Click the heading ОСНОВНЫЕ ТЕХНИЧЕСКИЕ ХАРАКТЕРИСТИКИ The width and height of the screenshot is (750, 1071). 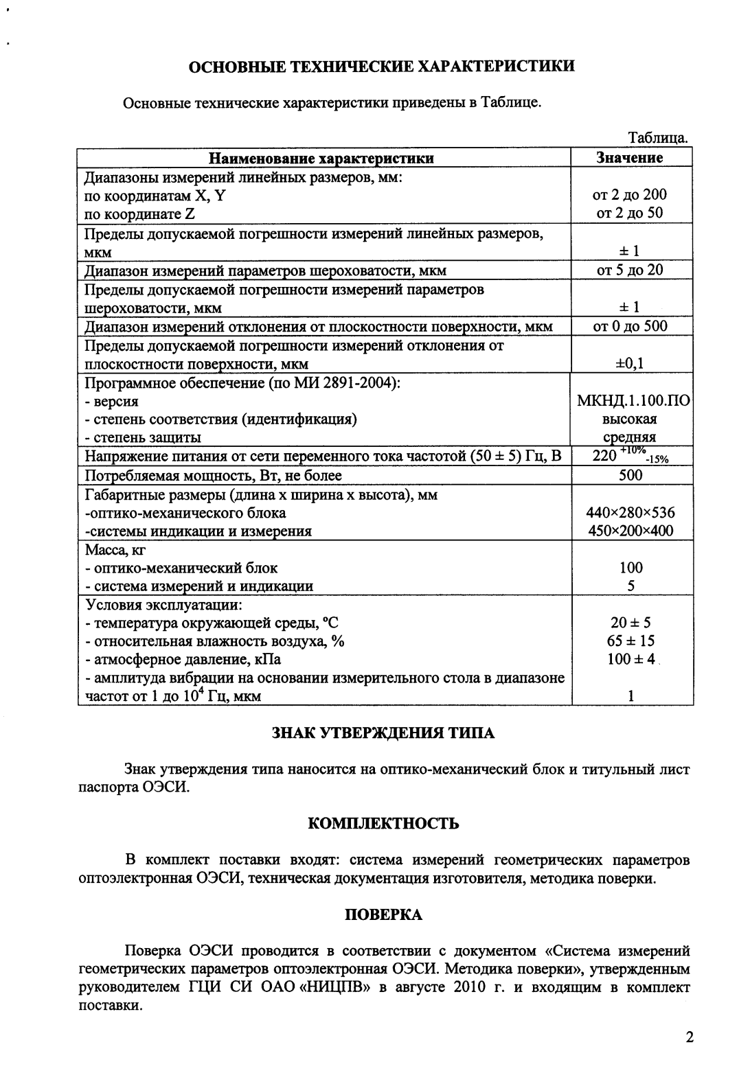382,67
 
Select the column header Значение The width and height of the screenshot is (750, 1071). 630,158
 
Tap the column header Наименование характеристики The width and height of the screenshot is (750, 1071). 321,159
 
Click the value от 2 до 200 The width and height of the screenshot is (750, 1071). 630,195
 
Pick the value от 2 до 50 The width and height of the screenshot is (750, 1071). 630,213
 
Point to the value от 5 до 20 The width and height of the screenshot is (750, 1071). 630,270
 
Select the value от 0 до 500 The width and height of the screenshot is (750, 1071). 630,326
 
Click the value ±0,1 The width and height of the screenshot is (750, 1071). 630,364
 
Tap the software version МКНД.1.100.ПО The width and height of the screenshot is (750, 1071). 630,401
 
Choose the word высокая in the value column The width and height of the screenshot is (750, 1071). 630,419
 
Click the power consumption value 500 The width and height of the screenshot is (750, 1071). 630,475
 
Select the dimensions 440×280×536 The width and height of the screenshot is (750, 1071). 630,512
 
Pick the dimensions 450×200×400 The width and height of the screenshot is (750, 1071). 630,531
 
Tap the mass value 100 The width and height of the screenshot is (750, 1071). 630,568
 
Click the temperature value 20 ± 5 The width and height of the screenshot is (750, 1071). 630,623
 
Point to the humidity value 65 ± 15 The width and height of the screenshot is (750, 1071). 630,641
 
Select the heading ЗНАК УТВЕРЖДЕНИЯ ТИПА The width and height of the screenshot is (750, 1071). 383,733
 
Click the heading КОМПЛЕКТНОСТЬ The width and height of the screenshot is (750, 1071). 383,823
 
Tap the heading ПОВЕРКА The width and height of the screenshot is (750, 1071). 383,914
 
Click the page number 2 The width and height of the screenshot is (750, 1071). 690,1037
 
